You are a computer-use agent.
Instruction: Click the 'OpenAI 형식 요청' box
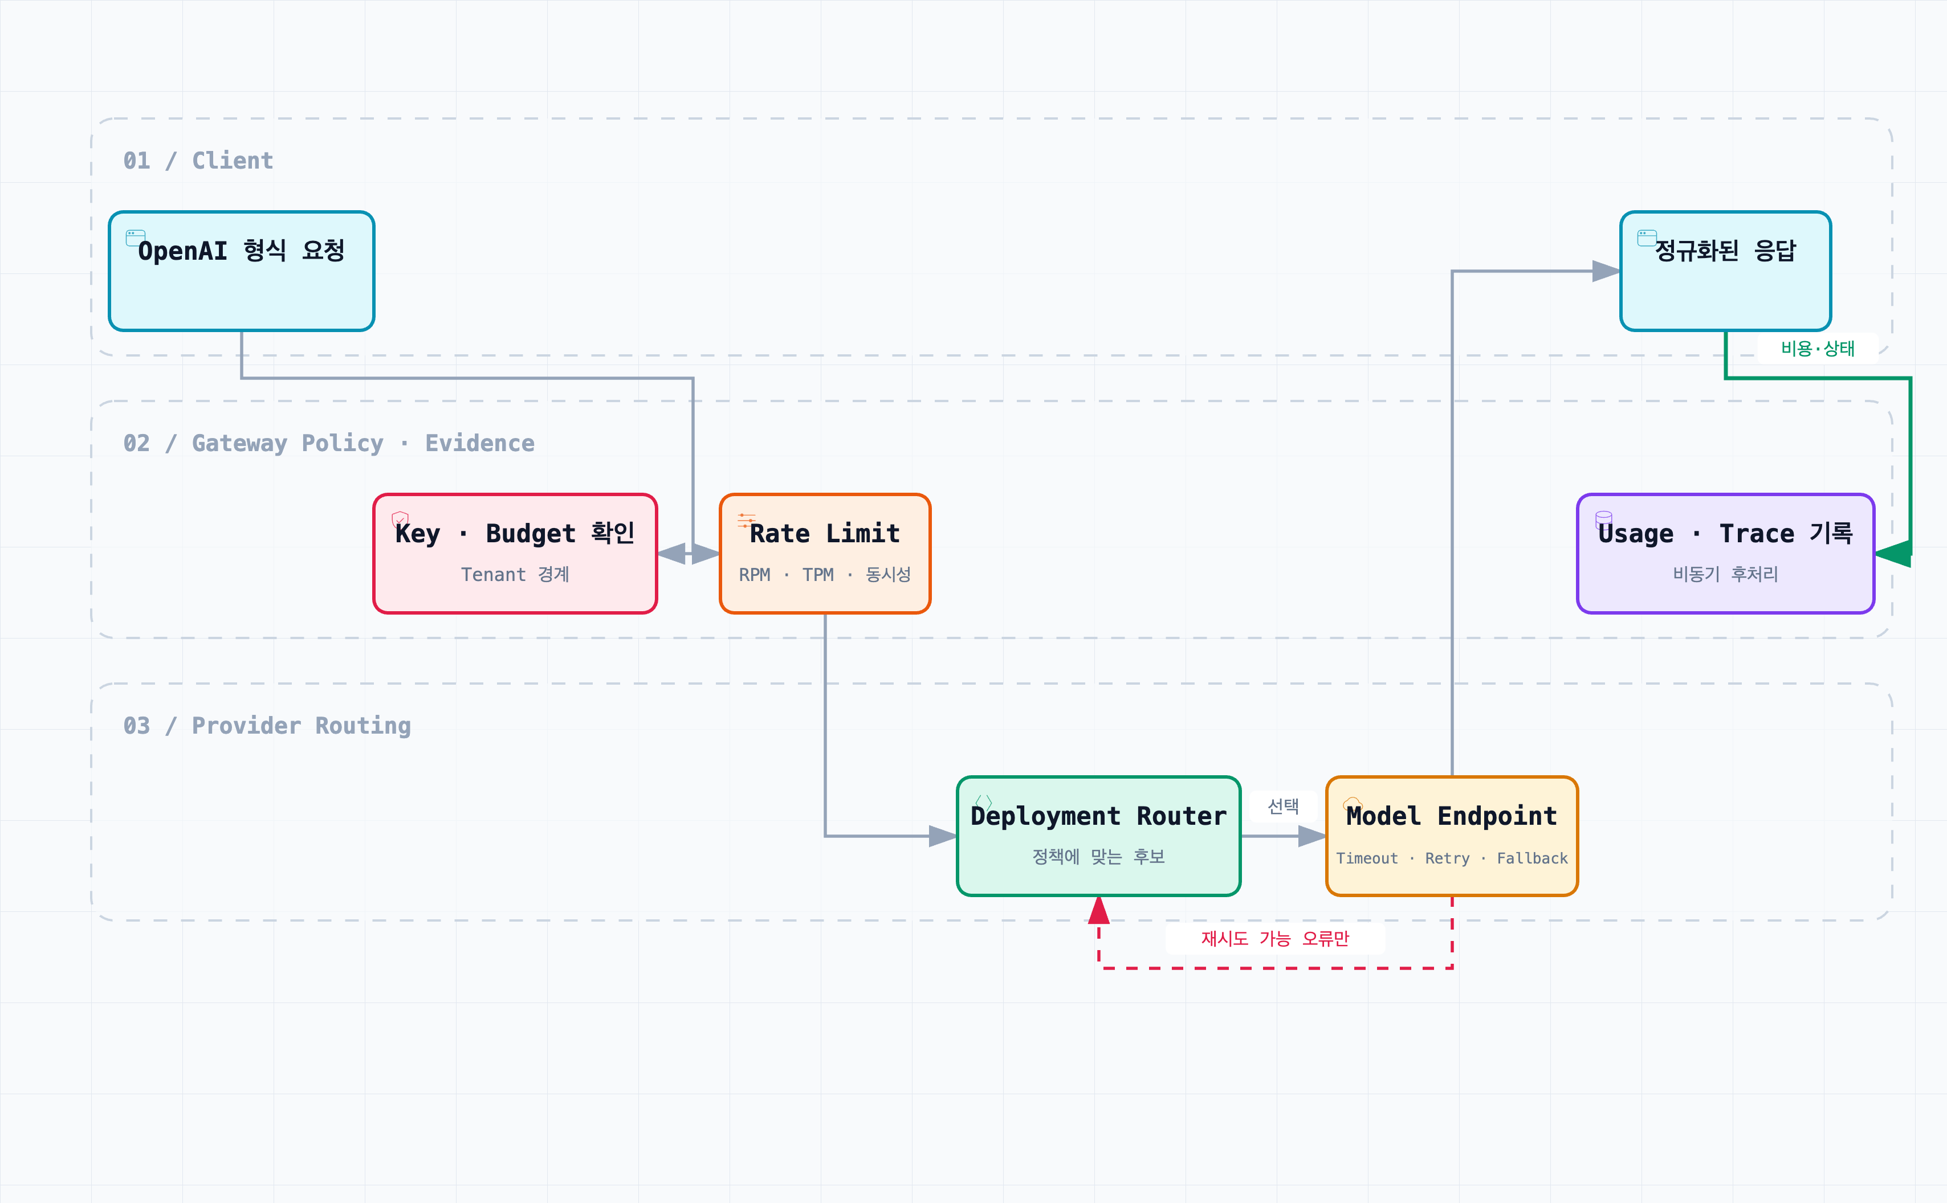(x=241, y=271)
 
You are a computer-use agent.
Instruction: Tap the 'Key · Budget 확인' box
(x=515, y=554)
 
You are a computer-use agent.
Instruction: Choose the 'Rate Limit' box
(x=825, y=554)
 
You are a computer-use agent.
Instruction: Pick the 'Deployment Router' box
(x=1098, y=836)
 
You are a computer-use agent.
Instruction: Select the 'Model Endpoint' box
(x=1452, y=836)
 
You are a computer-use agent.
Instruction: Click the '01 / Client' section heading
(x=198, y=161)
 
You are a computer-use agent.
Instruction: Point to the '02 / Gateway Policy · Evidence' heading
(x=329, y=443)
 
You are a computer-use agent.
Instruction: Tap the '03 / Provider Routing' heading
(x=267, y=726)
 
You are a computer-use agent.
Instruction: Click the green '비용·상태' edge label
(x=1818, y=349)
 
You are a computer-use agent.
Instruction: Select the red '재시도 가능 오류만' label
(x=1275, y=939)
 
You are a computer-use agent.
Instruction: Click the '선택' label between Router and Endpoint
(x=1283, y=807)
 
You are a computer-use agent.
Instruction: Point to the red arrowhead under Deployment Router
(x=1098, y=910)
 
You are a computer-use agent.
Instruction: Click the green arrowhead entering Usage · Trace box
(x=1893, y=554)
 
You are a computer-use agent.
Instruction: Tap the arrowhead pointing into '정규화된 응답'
(x=1606, y=271)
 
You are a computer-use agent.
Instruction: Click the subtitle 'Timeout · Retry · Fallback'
(x=1452, y=858)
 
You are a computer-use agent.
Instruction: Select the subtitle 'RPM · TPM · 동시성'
(x=825, y=575)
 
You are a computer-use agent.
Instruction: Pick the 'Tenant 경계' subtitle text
(x=515, y=575)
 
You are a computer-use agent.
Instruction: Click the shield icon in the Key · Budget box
(x=400, y=519)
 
